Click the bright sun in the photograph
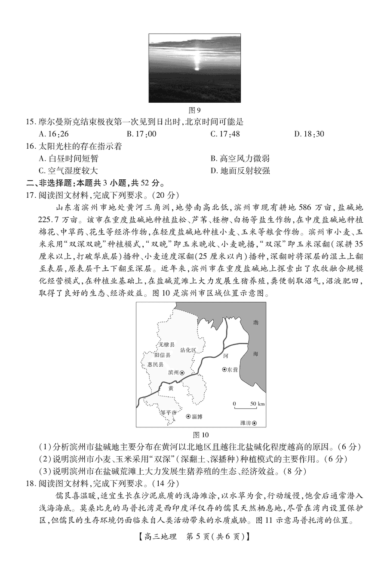[x=197, y=68]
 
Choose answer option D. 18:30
[x=309, y=134]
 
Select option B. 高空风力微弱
[x=240, y=159]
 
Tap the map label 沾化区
[x=188, y=350]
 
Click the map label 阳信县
[x=162, y=355]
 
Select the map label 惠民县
[x=155, y=364]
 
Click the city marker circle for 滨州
[x=181, y=373]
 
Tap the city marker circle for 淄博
[x=188, y=416]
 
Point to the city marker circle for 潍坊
[x=255, y=423]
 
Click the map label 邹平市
[x=168, y=412]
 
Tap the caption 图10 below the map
[x=201, y=434]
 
